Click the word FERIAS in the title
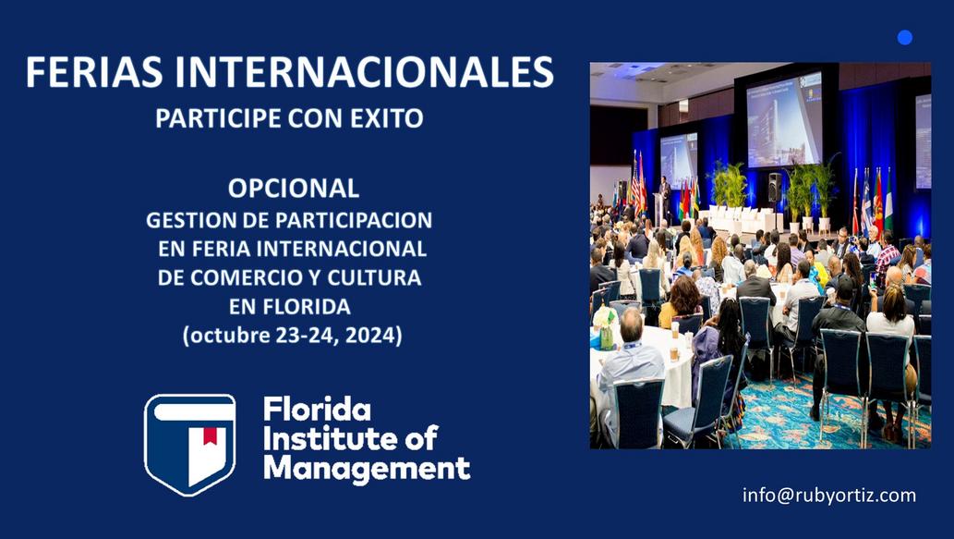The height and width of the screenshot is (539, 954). [94, 72]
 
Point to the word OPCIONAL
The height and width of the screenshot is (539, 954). [294, 189]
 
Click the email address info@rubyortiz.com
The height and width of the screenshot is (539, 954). [828, 496]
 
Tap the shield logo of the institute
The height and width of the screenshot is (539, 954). [190, 445]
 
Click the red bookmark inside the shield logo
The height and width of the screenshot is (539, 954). [210, 435]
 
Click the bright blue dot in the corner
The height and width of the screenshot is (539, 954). [905, 38]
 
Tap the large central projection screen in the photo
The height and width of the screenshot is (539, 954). [784, 120]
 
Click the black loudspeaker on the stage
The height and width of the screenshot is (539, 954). [775, 187]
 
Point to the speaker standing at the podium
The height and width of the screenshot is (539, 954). [666, 196]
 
